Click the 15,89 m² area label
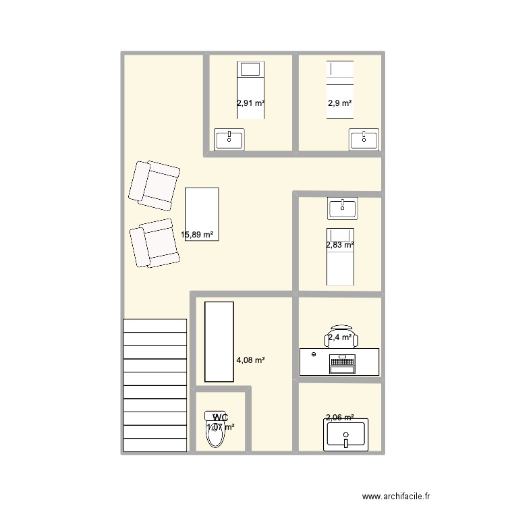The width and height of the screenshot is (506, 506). (197, 235)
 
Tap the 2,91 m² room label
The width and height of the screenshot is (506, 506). (250, 104)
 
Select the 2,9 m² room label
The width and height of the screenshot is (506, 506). (340, 104)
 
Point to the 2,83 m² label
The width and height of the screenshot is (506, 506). (340, 246)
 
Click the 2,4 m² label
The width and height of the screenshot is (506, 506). (340, 337)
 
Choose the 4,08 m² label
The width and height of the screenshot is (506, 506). (250, 361)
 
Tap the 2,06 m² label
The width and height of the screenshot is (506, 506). (340, 418)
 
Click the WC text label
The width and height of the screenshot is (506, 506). (220, 418)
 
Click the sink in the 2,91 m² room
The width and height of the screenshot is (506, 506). (229, 140)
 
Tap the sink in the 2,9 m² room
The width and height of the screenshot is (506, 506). (364, 140)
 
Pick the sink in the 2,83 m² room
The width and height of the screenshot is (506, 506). (342, 208)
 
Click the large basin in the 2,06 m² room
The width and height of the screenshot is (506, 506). (346, 435)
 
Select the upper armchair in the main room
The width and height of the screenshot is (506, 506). (154, 184)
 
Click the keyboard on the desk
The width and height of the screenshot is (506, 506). (342, 364)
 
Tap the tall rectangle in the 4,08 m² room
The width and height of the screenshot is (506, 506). (219, 341)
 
